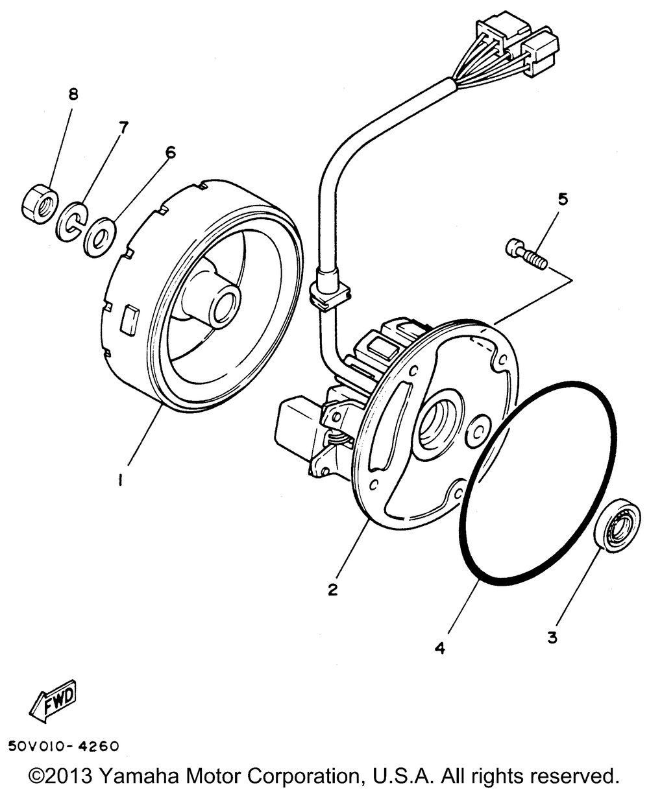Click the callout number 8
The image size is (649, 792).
[73, 95]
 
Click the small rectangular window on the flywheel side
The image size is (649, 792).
[130, 318]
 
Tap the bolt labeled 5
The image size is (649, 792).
[526, 254]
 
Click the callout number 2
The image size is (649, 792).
[333, 589]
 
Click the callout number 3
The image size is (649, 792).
[552, 638]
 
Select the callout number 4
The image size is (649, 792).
[440, 648]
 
